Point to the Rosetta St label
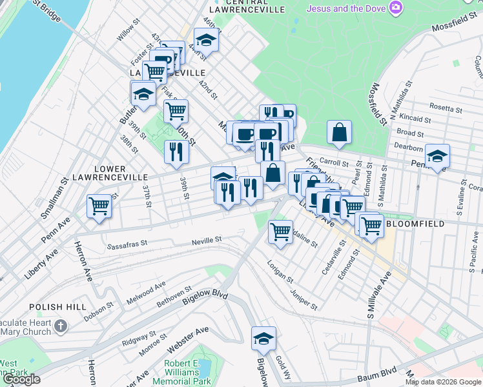point(446,109)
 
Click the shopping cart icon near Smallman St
point(99,207)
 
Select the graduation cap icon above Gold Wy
point(263,338)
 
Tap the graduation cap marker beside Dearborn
point(437,156)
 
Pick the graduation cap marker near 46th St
point(207,39)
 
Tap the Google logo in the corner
point(21,379)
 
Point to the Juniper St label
point(303,299)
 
